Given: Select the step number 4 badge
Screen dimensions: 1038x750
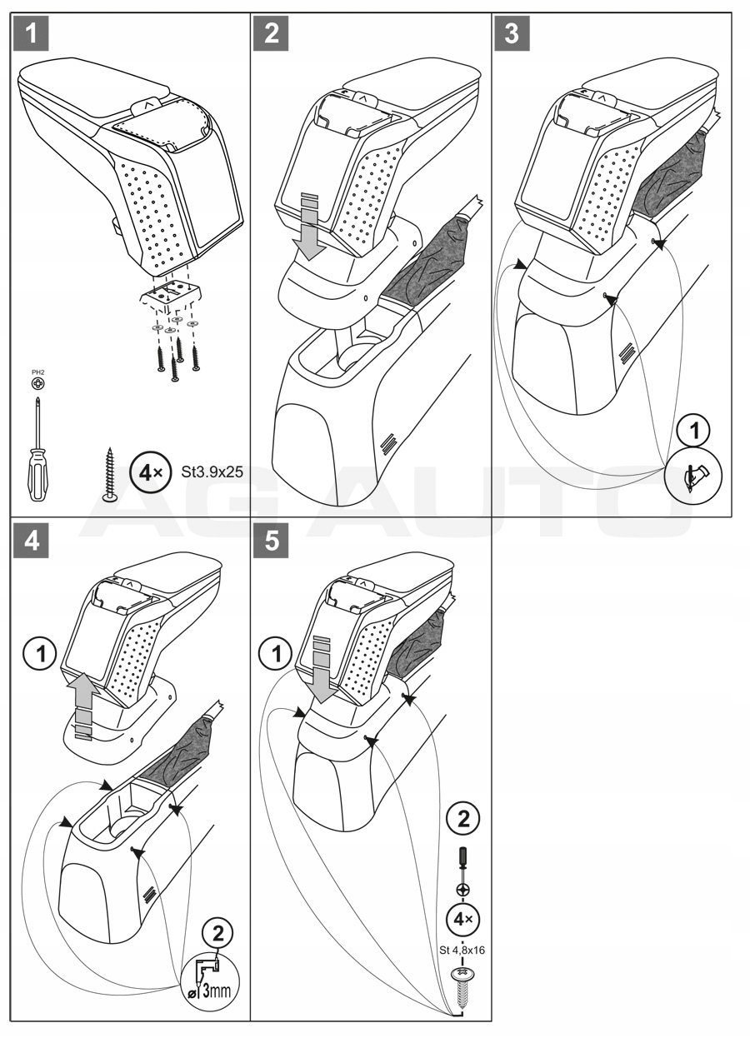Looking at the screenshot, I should tap(32, 541).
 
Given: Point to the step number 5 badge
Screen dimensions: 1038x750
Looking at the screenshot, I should tap(272, 541).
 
